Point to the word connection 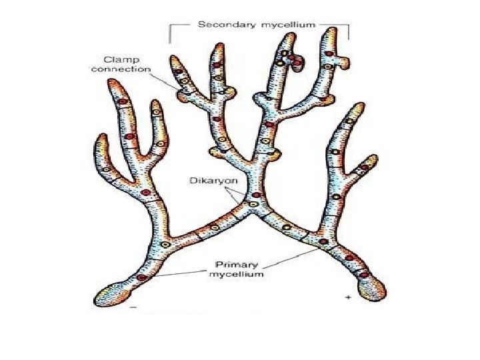tap(127, 69)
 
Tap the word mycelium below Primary tap(236, 273)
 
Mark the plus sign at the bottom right tap(348, 298)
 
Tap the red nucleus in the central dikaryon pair tap(254, 195)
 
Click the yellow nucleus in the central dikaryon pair tap(253, 204)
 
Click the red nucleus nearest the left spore tap(142, 277)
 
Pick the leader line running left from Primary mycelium tap(180, 273)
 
